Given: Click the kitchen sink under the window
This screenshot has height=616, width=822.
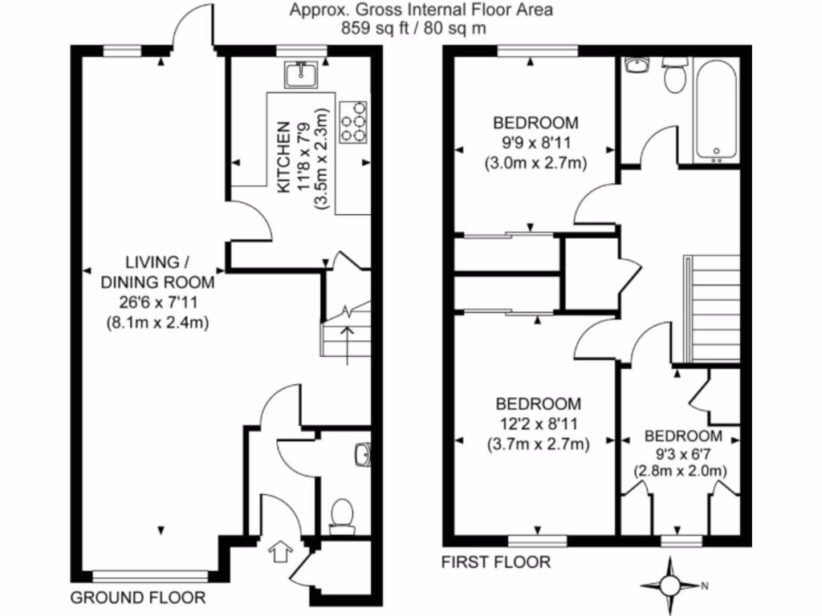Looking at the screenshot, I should [303, 75].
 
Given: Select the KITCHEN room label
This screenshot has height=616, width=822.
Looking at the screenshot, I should [283, 157].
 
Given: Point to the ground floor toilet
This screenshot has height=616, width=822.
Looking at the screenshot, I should [343, 515].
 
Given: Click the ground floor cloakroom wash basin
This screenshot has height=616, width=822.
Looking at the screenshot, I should [362, 454].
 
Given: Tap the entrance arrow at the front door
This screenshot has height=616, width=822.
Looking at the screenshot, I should [280, 552].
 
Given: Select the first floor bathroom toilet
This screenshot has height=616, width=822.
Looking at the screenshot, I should [673, 75].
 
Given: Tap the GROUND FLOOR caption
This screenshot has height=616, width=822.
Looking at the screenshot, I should [138, 598].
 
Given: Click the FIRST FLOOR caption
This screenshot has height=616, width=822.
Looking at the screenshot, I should [496, 562].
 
